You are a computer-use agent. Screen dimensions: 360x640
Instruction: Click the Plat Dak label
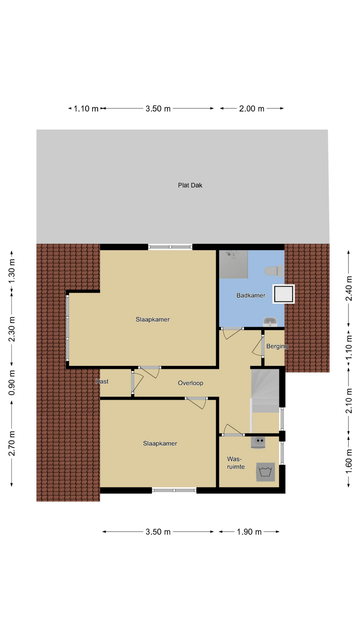pyautogui.click(x=190, y=185)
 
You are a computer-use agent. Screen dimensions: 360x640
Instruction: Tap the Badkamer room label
pyautogui.click(x=251, y=295)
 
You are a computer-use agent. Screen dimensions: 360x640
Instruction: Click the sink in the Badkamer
pyautogui.click(x=270, y=322)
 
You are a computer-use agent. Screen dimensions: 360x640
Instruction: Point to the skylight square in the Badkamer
pyautogui.click(x=284, y=294)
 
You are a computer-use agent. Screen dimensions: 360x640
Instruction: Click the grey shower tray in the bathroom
pyautogui.click(x=234, y=264)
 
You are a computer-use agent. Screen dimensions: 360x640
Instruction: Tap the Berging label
pyautogui.click(x=277, y=346)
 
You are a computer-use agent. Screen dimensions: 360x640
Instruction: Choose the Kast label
pyautogui.click(x=102, y=381)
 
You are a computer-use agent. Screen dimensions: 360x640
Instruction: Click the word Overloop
pyautogui.click(x=190, y=383)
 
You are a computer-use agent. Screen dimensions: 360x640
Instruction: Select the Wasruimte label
pyautogui.click(x=236, y=463)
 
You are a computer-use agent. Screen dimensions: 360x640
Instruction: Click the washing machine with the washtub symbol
pyautogui.click(x=265, y=472)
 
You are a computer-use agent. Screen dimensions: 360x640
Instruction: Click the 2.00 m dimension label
pyautogui.click(x=252, y=109)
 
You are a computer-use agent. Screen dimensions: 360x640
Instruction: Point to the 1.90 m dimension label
pyautogui.click(x=249, y=532)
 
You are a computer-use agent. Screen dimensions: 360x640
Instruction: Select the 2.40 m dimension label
pyautogui.click(x=349, y=288)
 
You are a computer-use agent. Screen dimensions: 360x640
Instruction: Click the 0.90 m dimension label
pyautogui.click(x=12, y=383)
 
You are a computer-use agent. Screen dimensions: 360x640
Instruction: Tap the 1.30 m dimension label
pyautogui.click(x=12, y=271)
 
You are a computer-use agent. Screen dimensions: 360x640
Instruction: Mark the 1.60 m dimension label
pyautogui.click(x=349, y=461)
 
